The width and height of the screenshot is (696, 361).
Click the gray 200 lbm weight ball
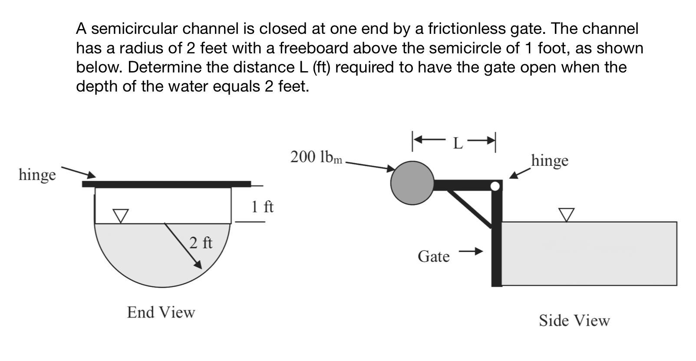pyautogui.click(x=412, y=183)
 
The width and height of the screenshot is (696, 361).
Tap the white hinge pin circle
pyautogui.click(x=495, y=186)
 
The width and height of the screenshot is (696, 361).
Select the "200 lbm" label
pyautogui.click(x=316, y=157)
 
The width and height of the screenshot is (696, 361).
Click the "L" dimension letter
pyautogui.click(x=457, y=143)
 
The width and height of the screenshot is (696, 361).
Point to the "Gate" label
pyautogui.click(x=433, y=256)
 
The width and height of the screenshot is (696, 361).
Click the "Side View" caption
pyautogui.click(x=574, y=321)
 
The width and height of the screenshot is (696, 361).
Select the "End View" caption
pyautogui.click(x=161, y=312)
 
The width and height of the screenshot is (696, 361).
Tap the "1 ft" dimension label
pyautogui.click(x=262, y=207)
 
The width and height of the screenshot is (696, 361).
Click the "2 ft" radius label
pyautogui.click(x=201, y=242)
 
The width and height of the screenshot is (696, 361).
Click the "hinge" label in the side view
pyautogui.click(x=550, y=161)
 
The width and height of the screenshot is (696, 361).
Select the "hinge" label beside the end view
pyautogui.click(x=37, y=175)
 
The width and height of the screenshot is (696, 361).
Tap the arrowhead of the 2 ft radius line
pyautogui.click(x=198, y=264)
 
